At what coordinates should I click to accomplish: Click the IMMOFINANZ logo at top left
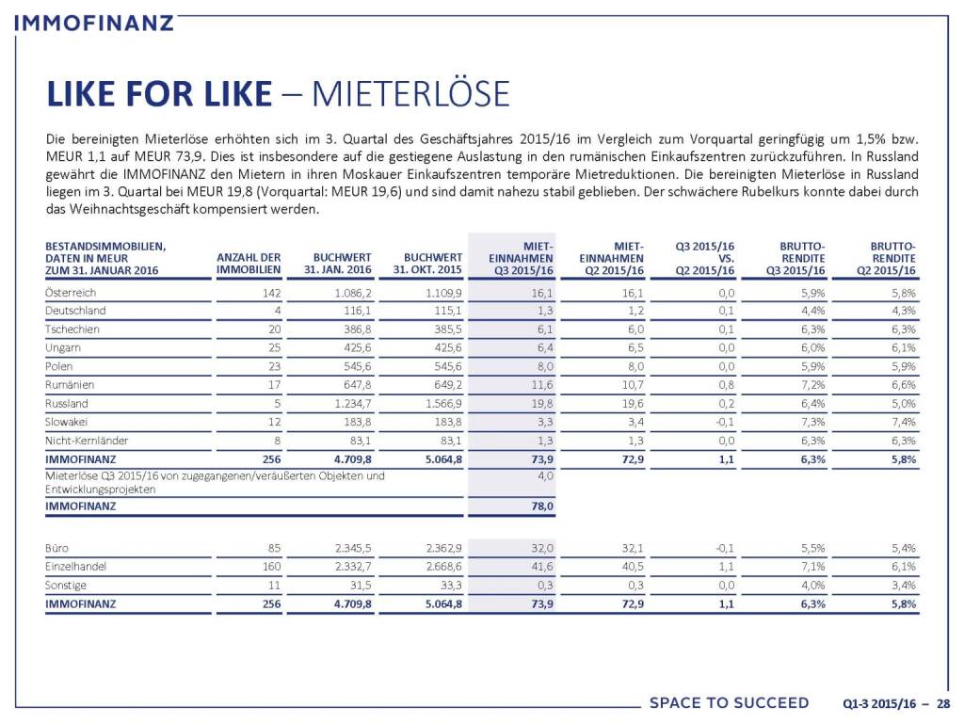95,21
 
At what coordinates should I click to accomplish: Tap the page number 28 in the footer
942,703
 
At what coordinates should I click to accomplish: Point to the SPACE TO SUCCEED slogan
729,703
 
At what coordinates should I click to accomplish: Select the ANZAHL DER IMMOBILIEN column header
249,264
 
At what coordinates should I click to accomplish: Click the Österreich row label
72,292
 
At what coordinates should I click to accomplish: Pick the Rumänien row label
70,384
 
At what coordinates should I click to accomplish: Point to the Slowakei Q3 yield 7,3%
811,421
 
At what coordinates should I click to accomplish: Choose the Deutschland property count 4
277,311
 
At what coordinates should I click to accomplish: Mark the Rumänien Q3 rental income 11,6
541,384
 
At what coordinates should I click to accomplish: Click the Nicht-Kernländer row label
87,440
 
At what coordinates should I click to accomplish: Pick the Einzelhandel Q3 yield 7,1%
811,566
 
